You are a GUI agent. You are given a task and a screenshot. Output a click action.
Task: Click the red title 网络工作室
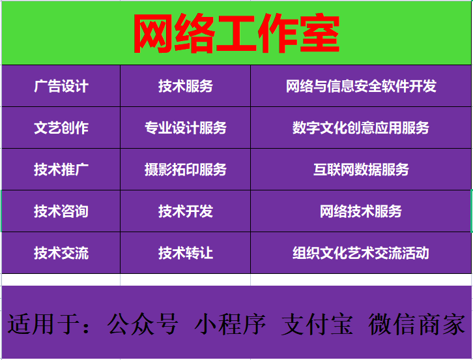pyautogui.click(x=236, y=33)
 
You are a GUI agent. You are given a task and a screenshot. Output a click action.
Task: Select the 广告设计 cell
pyautogui.click(x=61, y=86)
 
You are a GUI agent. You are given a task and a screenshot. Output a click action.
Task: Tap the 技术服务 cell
pyautogui.click(x=185, y=86)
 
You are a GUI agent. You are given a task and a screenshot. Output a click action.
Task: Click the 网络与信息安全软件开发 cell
pyautogui.click(x=361, y=86)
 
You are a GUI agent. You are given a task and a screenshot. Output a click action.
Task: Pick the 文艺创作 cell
pyautogui.click(x=61, y=128)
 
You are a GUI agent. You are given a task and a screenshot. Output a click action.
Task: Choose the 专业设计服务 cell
pyautogui.click(x=185, y=128)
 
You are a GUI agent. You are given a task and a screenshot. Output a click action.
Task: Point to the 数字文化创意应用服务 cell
pyautogui.click(x=361, y=128)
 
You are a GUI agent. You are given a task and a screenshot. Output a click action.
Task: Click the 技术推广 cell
pyautogui.click(x=61, y=170)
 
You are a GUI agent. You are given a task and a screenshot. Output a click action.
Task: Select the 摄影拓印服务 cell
pyautogui.click(x=185, y=170)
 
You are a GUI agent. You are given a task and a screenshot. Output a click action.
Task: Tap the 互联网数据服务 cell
pyautogui.click(x=361, y=170)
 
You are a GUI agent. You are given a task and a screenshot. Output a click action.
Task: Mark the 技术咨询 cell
pyautogui.click(x=61, y=211)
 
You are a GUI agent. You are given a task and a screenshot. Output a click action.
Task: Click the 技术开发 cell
pyautogui.click(x=185, y=211)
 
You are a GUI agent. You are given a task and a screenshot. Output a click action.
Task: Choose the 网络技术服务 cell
pyautogui.click(x=361, y=211)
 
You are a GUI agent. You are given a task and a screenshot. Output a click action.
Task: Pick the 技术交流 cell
pyautogui.click(x=61, y=253)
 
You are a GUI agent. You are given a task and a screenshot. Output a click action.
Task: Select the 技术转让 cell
pyautogui.click(x=185, y=253)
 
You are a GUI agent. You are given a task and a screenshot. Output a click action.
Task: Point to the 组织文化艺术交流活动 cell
pyautogui.click(x=361, y=253)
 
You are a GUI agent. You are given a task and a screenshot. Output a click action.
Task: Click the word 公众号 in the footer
pyautogui.click(x=143, y=324)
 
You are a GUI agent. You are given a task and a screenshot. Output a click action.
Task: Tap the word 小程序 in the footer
pyautogui.click(x=230, y=324)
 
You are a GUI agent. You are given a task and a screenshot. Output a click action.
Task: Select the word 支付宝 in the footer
pyautogui.click(x=317, y=324)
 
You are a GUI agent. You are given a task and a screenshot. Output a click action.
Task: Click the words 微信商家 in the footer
pyautogui.click(x=416, y=324)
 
